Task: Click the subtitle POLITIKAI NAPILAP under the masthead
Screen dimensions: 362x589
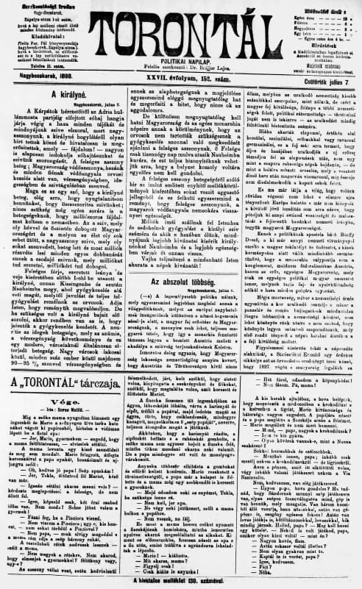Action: coord(180,54)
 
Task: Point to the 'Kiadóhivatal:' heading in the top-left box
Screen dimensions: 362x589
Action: coord(35,33)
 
